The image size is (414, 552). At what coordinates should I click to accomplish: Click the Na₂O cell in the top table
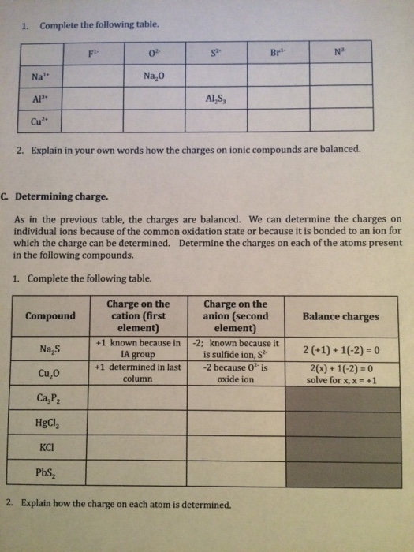pos(155,77)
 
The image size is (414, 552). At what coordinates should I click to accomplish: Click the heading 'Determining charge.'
pos(65,177)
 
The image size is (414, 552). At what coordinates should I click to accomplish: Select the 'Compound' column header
pos(50,316)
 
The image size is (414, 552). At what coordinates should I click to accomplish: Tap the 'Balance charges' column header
pos(341,316)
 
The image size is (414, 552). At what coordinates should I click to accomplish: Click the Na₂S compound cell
pos(51,349)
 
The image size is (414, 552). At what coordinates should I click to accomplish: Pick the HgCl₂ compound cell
pos(50,422)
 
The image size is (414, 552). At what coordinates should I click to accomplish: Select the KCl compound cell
pos(50,447)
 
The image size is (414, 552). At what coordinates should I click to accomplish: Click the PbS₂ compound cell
pos(50,473)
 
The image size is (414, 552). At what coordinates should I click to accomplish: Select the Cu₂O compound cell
pos(51,372)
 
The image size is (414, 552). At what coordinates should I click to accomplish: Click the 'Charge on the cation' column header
pos(138,315)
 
